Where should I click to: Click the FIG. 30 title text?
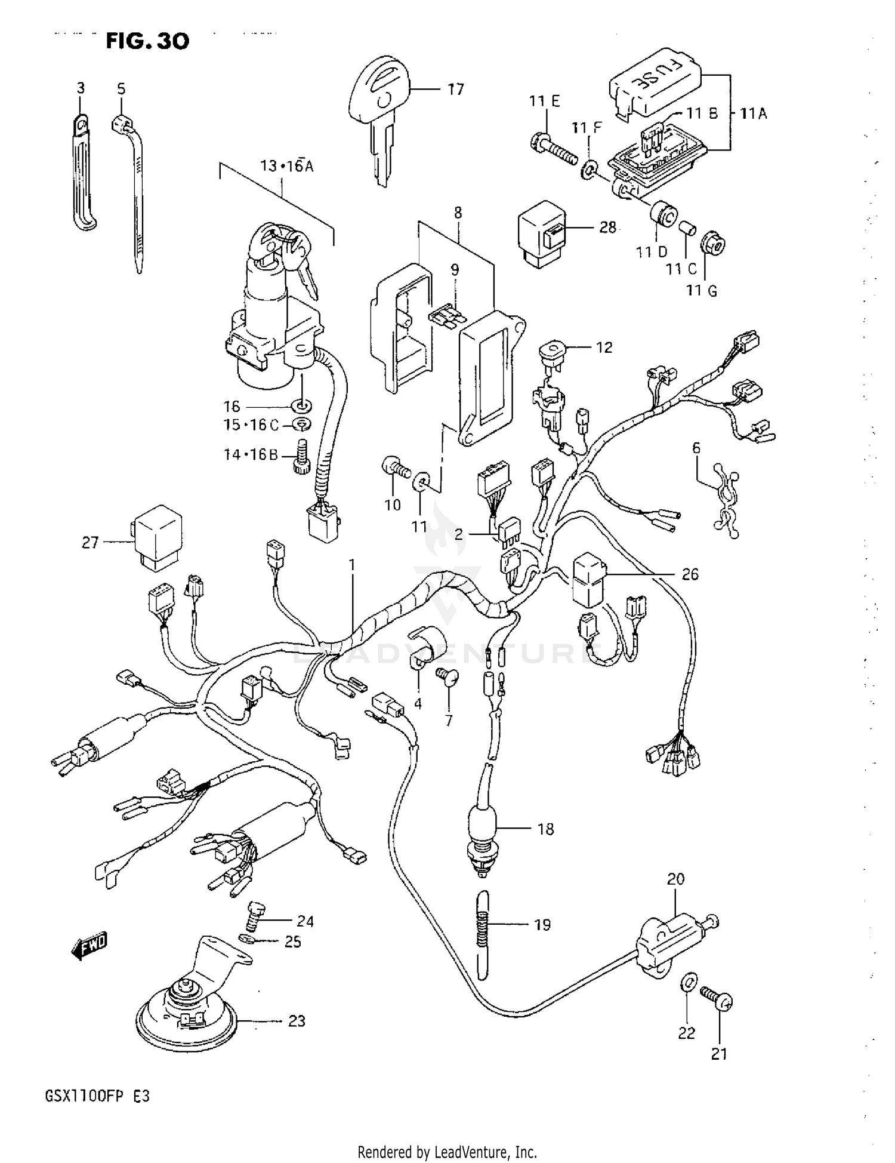pyautogui.click(x=147, y=41)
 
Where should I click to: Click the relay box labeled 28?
pyautogui.click(x=541, y=233)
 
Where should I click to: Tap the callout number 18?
pyautogui.click(x=545, y=829)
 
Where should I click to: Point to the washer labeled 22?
pyautogui.click(x=688, y=981)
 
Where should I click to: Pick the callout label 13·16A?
pyautogui.click(x=286, y=166)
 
